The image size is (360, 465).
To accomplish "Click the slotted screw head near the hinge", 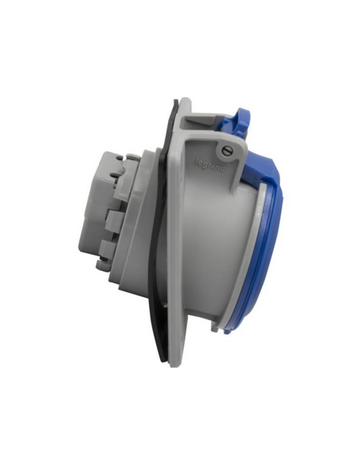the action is (x=226, y=151).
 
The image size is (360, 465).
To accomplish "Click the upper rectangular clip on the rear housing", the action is (x=114, y=218).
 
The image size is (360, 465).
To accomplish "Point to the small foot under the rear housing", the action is (x=102, y=264).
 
